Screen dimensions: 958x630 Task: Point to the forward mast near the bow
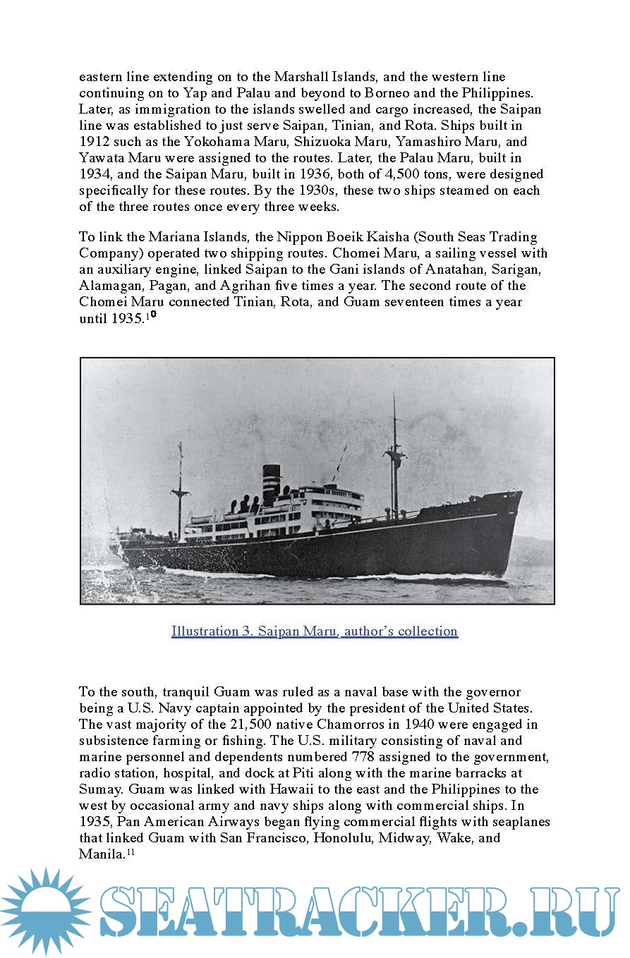pos(394,459)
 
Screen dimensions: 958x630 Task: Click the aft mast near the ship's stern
pos(181,487)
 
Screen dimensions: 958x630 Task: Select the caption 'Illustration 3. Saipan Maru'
pos(315,631)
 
